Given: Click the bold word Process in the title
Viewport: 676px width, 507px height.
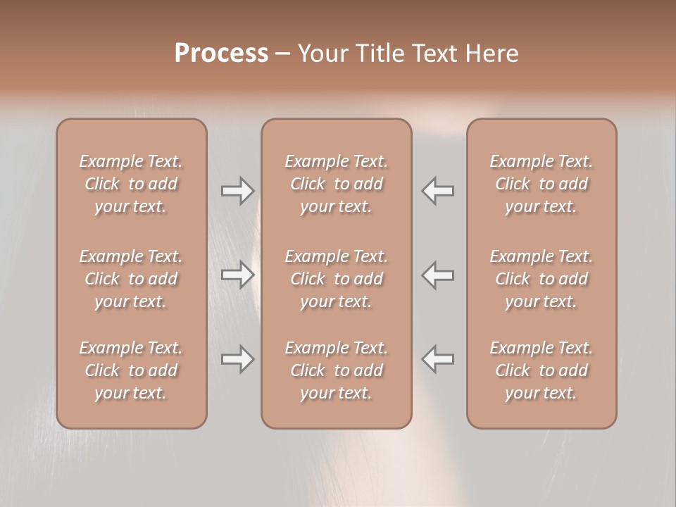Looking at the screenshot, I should tap(221, 54).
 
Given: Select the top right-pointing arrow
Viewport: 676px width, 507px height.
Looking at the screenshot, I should tap(238, 191).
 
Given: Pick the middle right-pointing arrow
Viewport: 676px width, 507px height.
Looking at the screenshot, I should tap(238, 275).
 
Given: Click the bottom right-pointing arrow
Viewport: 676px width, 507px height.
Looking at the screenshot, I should tap(238, 359).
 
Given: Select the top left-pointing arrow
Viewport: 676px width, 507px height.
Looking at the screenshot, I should tap(438, 191).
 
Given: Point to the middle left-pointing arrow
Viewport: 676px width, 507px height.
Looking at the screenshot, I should tap(438, 275).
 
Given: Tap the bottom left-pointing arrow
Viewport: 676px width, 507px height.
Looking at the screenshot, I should tap(438, 359).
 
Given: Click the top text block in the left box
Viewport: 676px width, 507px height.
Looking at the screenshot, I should tap(131, 184).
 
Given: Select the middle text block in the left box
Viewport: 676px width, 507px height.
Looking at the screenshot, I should tap(131, 279).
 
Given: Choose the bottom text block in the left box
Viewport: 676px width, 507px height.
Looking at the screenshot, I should tap(131, 370).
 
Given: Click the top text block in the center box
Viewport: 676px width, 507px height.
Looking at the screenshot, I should tap(337, 184).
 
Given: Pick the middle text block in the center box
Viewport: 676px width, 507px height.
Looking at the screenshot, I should tap(337, 279).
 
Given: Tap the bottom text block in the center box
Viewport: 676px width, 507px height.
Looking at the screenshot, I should tap(337, 370).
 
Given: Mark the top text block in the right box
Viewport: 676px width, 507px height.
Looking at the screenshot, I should tap(542, 184).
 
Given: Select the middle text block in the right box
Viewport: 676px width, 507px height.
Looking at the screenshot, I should tap(542, 279).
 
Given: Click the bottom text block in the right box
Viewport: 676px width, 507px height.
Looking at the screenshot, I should tap(542, 370).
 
